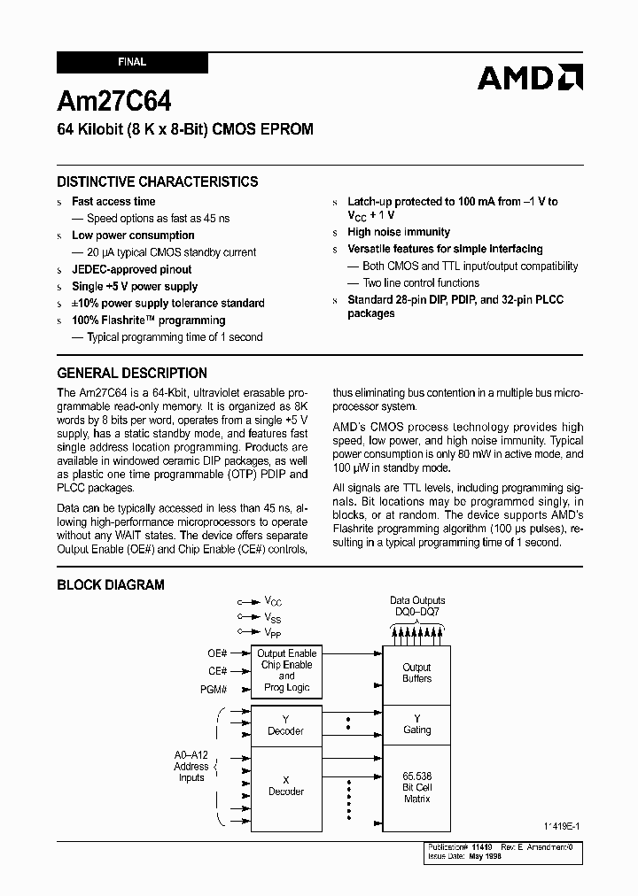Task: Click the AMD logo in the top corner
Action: point(529,78)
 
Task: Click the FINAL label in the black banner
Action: point(132,63)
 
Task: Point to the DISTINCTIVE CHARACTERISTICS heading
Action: point(158,182)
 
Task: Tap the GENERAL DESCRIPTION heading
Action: point(132,373)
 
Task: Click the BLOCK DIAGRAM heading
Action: point(111,584)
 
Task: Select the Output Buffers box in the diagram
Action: point(416,673)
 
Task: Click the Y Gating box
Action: point(416,724)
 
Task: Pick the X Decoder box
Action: point(286,785)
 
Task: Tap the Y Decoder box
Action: point(286,725)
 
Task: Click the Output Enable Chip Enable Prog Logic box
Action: point(286,670)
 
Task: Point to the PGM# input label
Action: point(214,689)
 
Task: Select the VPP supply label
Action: point(273,632)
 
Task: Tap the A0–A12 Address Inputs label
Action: point(191,767)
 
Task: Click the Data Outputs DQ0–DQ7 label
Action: point(417,606)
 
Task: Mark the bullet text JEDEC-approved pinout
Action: point(131,269)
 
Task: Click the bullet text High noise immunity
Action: point(399,232)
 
